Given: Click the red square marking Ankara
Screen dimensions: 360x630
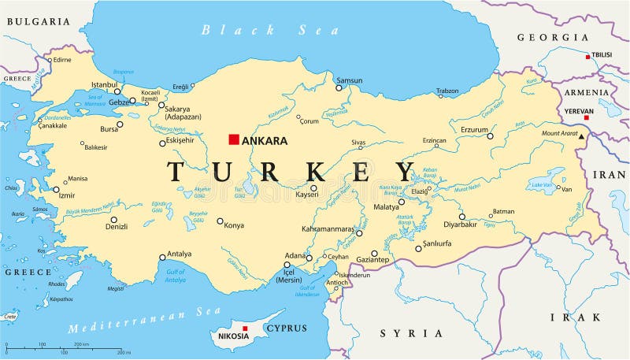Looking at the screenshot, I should point(233,139).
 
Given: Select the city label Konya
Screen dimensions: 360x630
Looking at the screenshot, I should point(234,225).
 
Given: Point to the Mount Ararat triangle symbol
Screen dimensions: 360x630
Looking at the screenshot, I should point(582,136).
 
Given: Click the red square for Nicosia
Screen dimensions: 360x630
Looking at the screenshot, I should point(245,328).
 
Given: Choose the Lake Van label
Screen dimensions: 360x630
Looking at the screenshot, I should point(541,184).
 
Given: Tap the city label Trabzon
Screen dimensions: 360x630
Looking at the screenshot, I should point(447,91).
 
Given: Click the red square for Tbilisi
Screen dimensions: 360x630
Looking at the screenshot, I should point(587,56).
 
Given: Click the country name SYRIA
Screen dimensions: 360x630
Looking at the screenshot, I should point(411,333).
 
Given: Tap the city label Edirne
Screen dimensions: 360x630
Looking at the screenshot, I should point(61,60).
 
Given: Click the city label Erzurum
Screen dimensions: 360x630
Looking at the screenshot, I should point(475,128).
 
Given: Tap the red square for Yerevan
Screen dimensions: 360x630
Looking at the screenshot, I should point(586,117).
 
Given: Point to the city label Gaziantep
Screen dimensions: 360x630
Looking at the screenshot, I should point(373,259).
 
